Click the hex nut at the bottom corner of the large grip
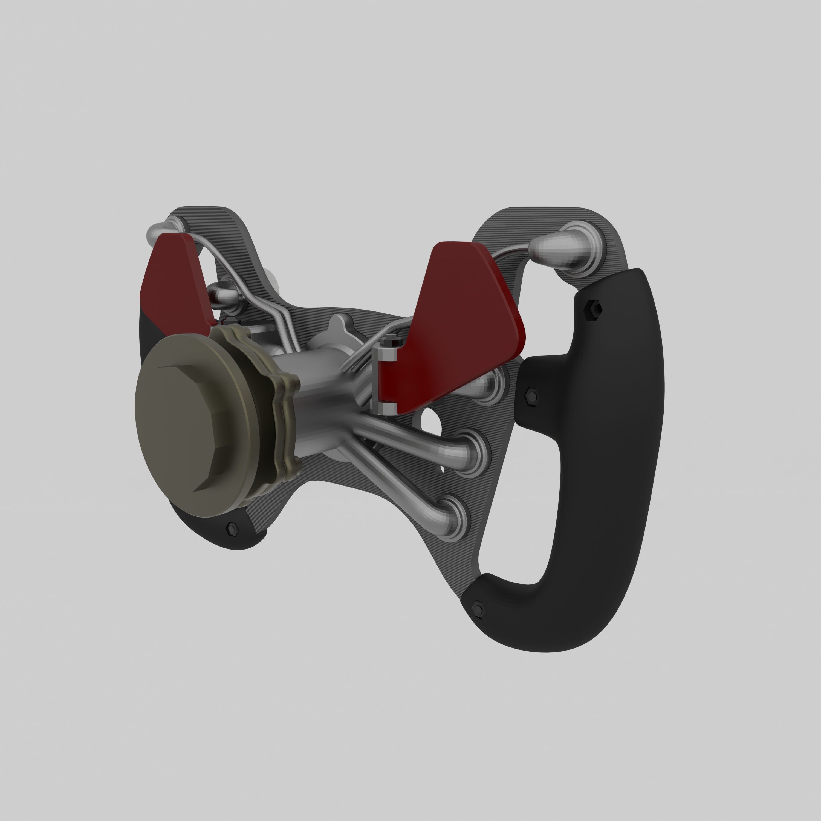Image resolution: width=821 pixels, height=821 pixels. (478, 609)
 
